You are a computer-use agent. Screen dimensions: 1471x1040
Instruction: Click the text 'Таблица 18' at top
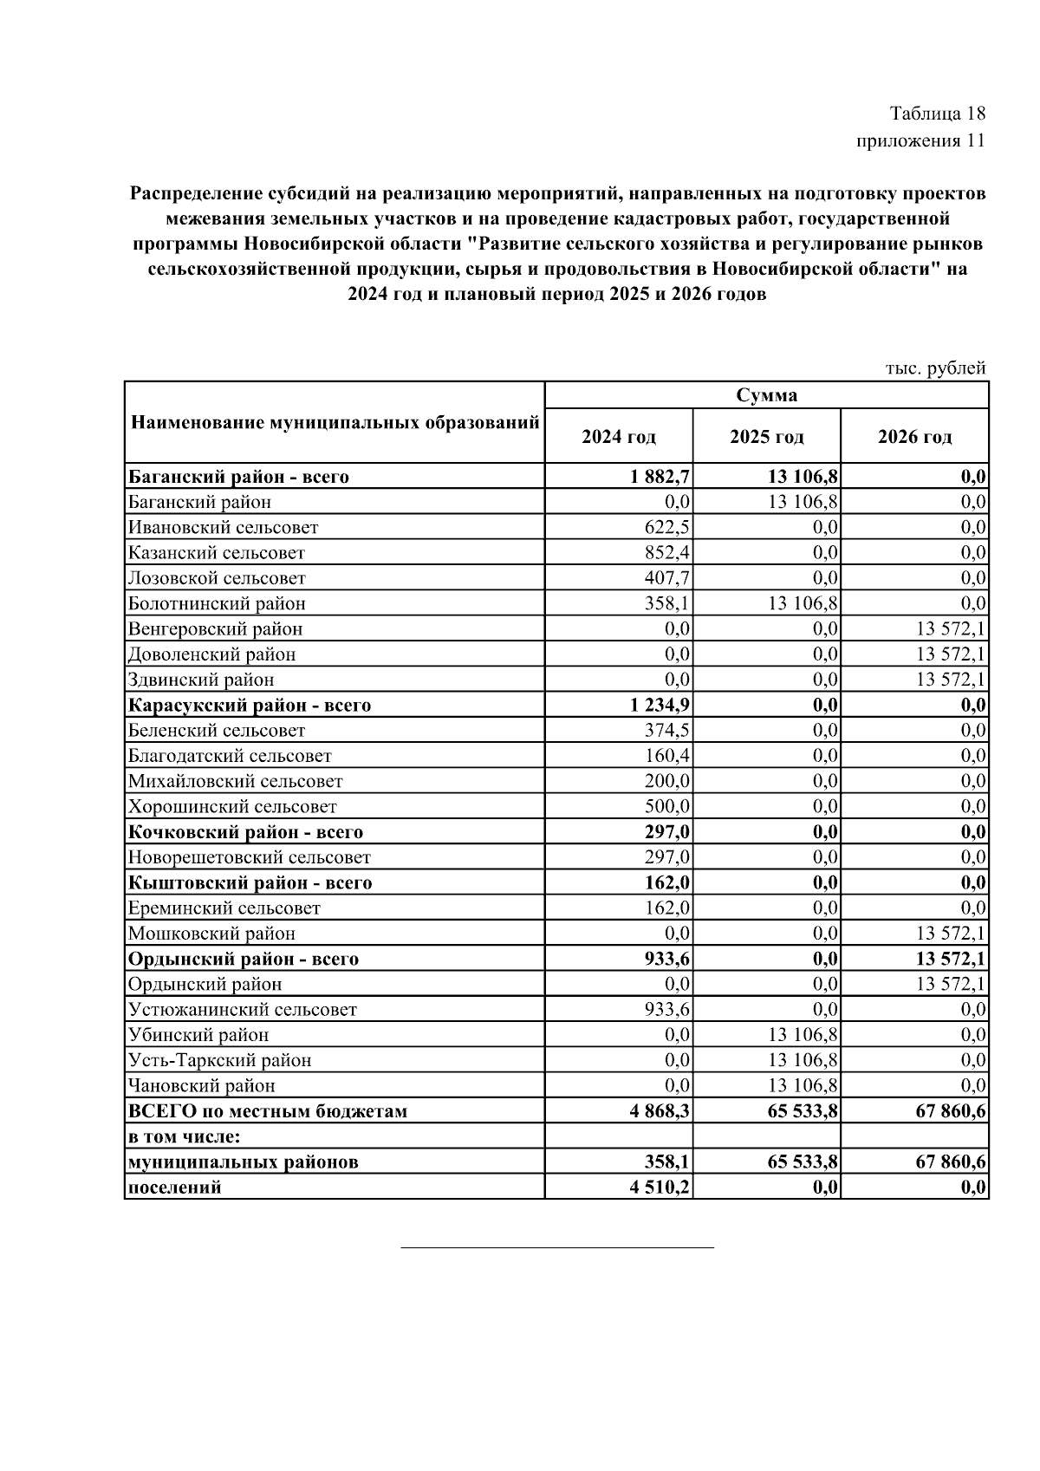[x=938, y=114]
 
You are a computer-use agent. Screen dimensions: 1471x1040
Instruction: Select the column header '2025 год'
[x=766, y=436]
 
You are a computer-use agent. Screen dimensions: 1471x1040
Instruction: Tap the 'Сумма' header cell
[x=766, y=395]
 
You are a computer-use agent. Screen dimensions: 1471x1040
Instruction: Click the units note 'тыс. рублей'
[x=935, y=368]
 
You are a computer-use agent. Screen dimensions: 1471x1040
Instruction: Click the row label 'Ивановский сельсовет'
[x=223, y=527]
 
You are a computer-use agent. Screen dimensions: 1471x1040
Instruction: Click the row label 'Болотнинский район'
[x=217, y=603]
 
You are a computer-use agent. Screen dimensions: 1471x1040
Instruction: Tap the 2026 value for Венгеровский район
[x=951, y=628]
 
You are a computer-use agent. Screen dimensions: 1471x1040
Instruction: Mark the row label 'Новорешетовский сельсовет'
[x=249, y=857]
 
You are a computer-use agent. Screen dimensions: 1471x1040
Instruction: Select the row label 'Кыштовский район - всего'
[x=250, y=882]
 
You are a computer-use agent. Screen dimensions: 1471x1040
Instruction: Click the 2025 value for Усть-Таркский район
[x=803, y=1060]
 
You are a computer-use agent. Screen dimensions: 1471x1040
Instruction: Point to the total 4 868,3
[x=660, y=1110]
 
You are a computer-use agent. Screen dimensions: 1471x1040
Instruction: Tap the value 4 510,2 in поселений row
[x=660, y=1187]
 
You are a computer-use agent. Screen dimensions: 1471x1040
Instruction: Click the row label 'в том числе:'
[x=184, y=1136]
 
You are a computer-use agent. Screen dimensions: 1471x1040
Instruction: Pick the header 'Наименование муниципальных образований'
[x=335, y=423]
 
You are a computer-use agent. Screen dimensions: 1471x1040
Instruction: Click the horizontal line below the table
[x=557, y=1246]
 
